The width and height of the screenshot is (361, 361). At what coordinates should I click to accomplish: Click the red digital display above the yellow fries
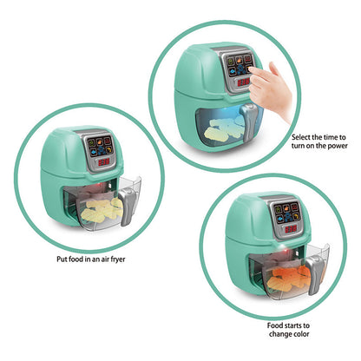[x=102, y=161]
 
